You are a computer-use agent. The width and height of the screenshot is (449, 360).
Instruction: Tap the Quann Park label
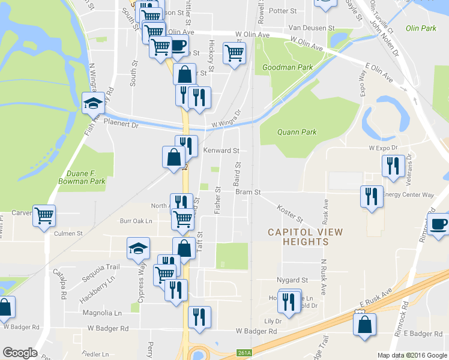[296, 133]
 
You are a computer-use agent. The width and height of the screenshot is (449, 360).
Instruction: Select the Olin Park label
[420, 28]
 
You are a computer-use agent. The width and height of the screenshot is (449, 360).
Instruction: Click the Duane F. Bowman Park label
[82, 176]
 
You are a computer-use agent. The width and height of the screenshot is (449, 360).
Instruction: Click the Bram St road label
[248, 193]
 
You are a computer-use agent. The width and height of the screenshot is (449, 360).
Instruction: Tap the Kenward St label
[221, 150]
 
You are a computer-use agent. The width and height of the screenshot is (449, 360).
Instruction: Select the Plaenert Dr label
[121, 125]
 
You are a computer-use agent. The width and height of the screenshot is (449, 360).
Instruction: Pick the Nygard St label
[292, 280]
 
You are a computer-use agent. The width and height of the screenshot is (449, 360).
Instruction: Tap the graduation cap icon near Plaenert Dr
[93, 103]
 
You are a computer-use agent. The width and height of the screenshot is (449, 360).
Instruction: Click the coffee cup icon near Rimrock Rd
[439, 224]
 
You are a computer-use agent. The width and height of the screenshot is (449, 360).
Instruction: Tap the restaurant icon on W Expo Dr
[393, 166]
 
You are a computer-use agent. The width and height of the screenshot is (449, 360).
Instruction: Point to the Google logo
[19, 353]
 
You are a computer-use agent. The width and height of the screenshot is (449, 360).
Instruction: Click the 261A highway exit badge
[243, 352]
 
